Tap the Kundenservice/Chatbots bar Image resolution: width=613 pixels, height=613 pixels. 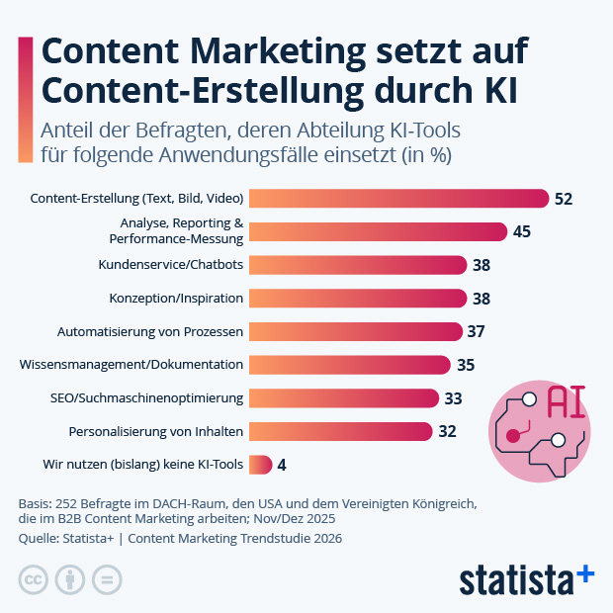357,265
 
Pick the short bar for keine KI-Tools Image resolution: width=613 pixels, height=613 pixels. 260,464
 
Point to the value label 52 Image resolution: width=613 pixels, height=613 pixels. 564,199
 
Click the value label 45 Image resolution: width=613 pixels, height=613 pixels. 523,231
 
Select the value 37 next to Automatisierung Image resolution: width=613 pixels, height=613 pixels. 476,331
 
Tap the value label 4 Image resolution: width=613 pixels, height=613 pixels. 282,464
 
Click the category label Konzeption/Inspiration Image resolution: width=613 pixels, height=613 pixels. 175,298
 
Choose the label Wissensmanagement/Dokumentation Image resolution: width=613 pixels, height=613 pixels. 131,364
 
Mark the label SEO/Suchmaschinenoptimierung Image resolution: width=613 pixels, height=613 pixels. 147,397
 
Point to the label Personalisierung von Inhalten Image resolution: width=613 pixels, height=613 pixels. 156,431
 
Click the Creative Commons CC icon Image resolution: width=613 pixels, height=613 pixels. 34,579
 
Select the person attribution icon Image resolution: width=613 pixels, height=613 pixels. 69,579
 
